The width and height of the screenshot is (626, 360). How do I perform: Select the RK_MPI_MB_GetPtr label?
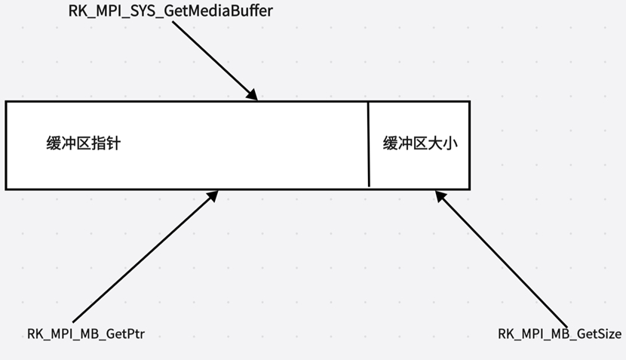(85, 333)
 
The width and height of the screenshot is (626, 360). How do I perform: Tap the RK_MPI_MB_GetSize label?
(560, 333)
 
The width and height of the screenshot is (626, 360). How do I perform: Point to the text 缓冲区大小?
(420, 143)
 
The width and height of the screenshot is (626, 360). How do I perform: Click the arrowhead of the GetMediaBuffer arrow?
(253, 97)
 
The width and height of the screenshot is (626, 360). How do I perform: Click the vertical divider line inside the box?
(368, 143)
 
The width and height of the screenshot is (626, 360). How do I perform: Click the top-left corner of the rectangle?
(6, 101)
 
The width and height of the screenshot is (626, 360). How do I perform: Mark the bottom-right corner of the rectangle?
(469, 188)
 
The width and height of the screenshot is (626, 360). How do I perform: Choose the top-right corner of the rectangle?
(469, 101)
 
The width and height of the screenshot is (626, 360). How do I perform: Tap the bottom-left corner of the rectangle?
(6, 188)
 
